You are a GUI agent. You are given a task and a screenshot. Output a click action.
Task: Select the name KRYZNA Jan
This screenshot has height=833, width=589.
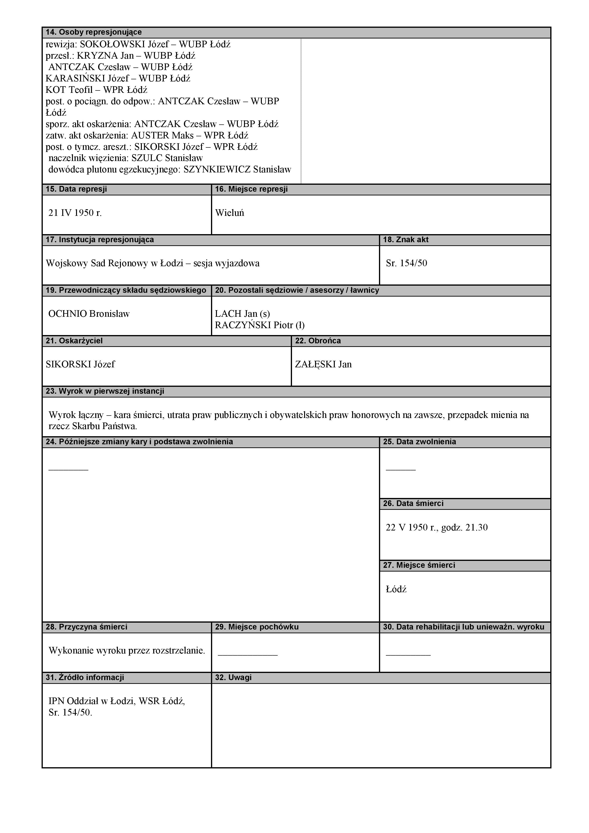point(105,56)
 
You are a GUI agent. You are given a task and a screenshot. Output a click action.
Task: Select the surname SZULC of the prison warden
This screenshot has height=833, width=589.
point(147,158)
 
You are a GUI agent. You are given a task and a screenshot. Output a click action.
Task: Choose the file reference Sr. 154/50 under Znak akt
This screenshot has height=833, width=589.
point(407,263)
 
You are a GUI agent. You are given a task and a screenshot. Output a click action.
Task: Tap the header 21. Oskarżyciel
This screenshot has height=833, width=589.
point(74,341)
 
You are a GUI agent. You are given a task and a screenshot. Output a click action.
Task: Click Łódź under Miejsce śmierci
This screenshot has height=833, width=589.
point(396,589)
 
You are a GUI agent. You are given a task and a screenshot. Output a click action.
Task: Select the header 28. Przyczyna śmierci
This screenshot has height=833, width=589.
point(86,627)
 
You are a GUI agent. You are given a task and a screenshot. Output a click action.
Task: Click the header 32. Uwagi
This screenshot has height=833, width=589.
point(233,677)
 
